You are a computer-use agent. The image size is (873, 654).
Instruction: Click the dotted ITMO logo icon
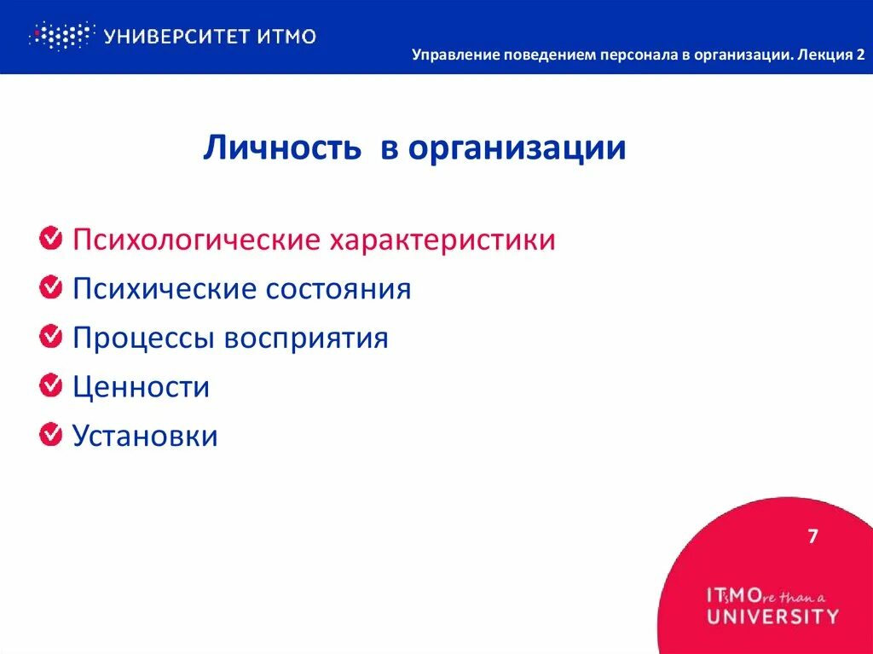[60, 36]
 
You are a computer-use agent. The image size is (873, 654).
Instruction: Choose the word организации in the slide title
[516, 149]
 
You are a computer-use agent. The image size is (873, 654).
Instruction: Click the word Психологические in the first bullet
[195, 240]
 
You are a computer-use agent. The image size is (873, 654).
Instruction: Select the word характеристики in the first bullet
[442, 240]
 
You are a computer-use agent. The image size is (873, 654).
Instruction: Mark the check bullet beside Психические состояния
[50, 288]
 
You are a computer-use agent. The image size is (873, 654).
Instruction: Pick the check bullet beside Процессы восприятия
[50, 338]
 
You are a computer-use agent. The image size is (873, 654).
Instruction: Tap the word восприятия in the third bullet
[306, 339]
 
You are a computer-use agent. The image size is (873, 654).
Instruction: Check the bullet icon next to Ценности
[50, 387]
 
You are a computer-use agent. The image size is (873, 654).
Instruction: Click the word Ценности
[141, 388]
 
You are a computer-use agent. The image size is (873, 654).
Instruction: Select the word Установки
[145, 437]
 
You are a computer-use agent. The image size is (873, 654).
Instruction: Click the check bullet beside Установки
[50, 436]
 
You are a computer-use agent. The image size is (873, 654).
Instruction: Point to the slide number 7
[812, 536]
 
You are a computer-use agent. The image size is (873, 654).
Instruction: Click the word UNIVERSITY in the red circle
[772, 616]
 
